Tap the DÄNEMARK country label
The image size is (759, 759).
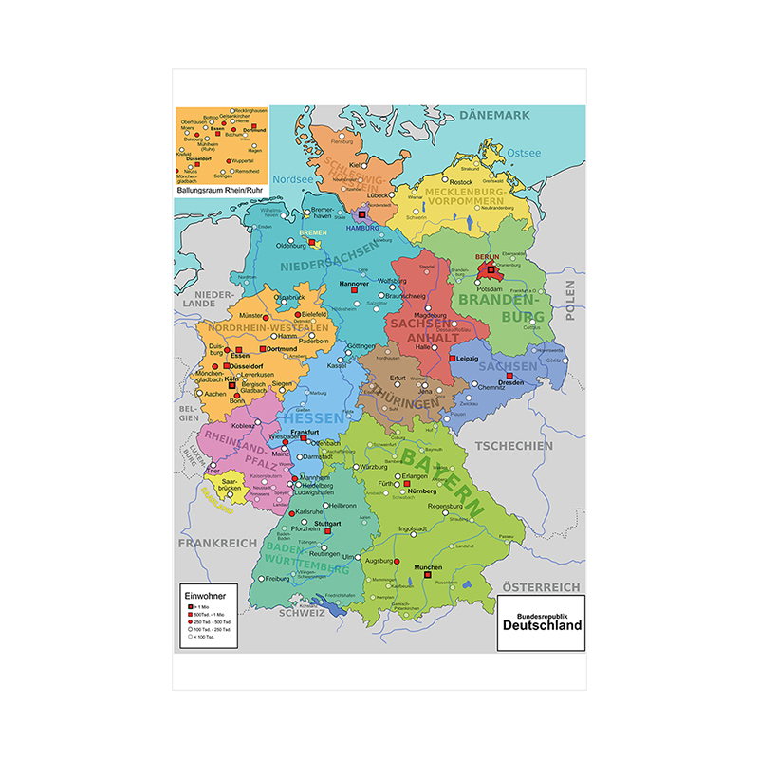pyautogui.click(x=493, y=116)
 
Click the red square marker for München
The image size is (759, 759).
pyautogui.click(x=428, y=574)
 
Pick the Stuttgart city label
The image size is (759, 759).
pyautogui.click(x=326, y=523)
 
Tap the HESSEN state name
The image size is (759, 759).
pyautogui.click(x=313, y=417)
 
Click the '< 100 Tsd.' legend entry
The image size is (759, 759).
pyautogui.click(x=207, y=639)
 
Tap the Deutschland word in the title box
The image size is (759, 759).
pyautogui.click(x=542, y=626)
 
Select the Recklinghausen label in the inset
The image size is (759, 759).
pyautogui.click(x=250, y=110)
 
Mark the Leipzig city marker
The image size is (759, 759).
pyautogui.click(x=453, y=360)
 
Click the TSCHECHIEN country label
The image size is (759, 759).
pyautogui.click(x=513, y=446)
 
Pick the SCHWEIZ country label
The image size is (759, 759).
pyautogui.click(x=302, y=613)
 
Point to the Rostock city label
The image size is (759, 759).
pyautogui.click(x=461, y=182)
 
